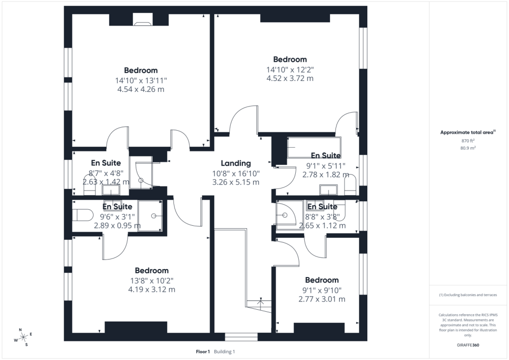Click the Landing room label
coord(236,163)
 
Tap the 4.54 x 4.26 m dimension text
coord(141,90)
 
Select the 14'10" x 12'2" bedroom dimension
coord(290,70)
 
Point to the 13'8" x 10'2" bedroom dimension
coord(152,280)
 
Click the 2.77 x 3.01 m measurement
coord(322,299)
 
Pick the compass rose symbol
coord(23,338)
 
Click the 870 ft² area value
coord(468,141)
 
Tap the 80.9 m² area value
coord(468,148)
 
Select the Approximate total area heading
coord(468,132)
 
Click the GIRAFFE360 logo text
coord(468,345)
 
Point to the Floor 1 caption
coord(203,352)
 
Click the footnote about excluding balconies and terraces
coord(468,295)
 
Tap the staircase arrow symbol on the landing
coord(260,301)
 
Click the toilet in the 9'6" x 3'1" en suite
coord(83,215)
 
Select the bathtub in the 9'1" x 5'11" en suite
coord(314,147)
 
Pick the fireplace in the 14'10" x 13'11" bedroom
coord(143,23)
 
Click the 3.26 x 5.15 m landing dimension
coord(236,182)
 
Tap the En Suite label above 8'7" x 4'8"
coord(106,163)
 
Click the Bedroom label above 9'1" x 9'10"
coord(322,280)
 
